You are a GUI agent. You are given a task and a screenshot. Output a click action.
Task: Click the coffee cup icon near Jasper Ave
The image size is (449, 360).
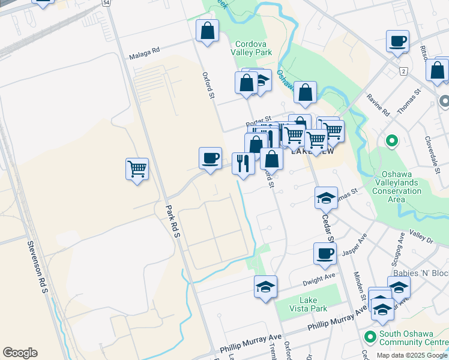tap(325, 253)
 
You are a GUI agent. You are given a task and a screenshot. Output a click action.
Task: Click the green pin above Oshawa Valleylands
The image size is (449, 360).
tap(392, 142)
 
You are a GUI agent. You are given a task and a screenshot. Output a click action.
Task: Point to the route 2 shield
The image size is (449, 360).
tap(404, 71)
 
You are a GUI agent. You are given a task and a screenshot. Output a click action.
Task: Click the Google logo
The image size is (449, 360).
tap(20, 353)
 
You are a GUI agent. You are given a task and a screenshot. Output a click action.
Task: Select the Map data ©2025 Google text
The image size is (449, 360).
tap(412, 355)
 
